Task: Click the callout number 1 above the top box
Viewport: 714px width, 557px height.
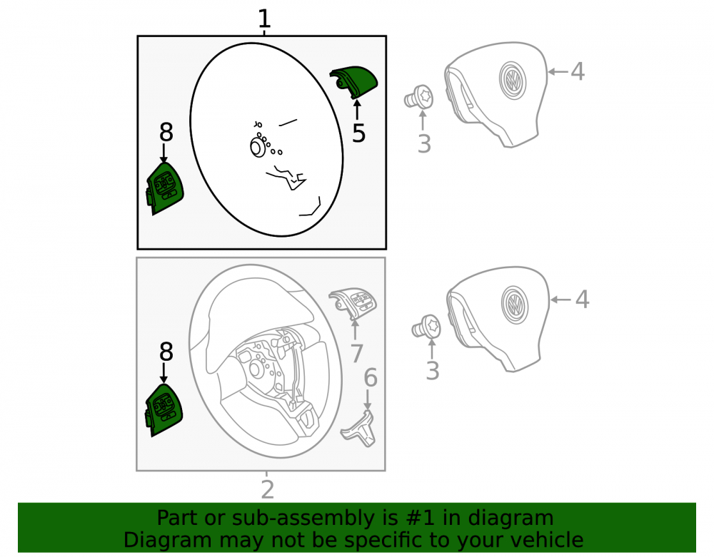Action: (264, 19)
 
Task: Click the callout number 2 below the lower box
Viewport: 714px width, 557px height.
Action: (267, 489)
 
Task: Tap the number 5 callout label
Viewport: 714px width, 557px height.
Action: (359, 133)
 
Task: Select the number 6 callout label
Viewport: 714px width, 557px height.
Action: (370, 378)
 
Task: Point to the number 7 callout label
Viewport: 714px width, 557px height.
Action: (356, 353)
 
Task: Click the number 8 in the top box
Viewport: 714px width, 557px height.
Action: (166, 133)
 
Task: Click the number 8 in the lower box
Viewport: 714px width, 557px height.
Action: (166, 352)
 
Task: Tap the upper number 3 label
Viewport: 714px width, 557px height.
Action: (424, 143)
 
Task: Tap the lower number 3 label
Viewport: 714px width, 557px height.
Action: (432, 371)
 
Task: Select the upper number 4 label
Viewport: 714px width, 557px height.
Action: (578, 71)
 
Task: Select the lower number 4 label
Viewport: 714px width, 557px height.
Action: (582, 300)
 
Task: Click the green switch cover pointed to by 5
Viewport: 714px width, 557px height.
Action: (354, 81)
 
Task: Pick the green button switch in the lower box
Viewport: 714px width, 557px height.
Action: (164, 410)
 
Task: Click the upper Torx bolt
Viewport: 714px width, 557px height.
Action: (419, 97)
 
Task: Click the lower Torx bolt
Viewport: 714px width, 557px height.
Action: (427, 327)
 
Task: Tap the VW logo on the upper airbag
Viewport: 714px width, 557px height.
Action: (512, 80)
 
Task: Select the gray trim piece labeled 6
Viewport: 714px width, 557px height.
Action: (359, 428)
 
